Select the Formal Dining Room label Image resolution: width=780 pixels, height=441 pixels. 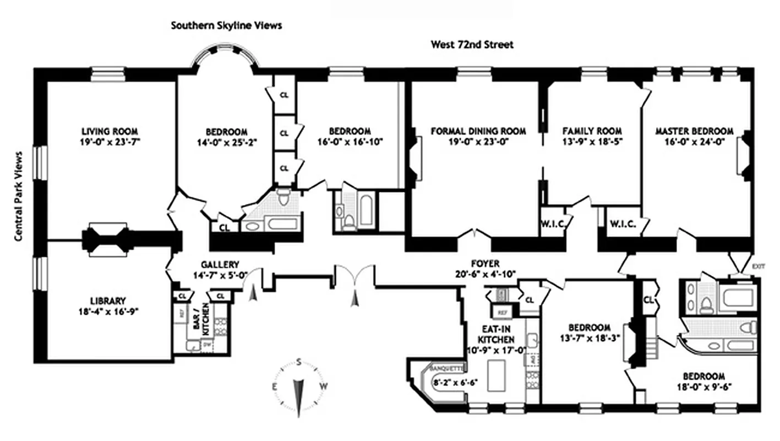tap(478, 131)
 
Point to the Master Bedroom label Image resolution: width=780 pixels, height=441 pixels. tap(694, 131)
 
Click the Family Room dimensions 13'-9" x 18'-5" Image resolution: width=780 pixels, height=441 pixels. tap(592, 141)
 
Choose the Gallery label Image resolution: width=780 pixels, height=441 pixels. tap(220, 265)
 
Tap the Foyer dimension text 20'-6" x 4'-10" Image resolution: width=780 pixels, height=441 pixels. tap(485, 274)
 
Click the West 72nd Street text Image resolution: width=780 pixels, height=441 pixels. tap(472, 45)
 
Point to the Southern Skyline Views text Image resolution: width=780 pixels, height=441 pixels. tap(226, 25)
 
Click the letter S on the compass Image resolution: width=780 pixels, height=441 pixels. tap(299, 362)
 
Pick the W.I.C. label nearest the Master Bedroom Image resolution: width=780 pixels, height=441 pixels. tap(623, 224)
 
